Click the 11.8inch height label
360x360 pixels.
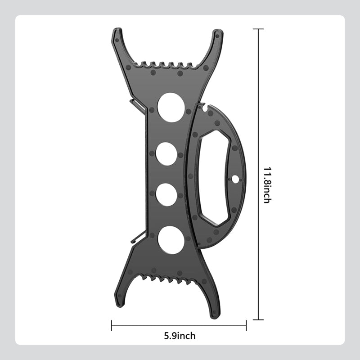tap(267, 185)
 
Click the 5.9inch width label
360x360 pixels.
tap(180, 336)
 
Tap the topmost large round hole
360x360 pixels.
tap(171, 107)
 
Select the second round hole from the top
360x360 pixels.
tap(166, 154)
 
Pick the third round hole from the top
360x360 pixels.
tap(166, 195)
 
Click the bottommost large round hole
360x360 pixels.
tap(171, 240)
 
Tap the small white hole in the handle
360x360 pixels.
tap(235, 179)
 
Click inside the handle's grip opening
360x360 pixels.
tap(213, 177)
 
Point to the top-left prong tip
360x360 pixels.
tap(117, 29)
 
